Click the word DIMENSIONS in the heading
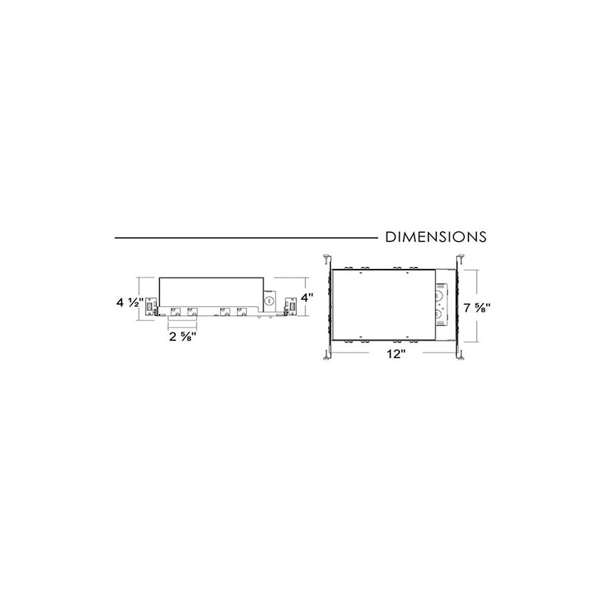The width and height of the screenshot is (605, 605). pyautogui.click(x=436, y=237)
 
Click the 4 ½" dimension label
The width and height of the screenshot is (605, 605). pyautogui.click(x=130, y=302)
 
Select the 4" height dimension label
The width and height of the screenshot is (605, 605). pyautogui.click(x=307, y=298)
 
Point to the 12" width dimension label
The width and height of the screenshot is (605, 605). pyautogui.click(x=397, y=354)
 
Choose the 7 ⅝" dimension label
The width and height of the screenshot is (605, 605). pyautogui.click(x=477, y=308)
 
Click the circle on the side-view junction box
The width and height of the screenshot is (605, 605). pyautogui.click(x=269, y=300)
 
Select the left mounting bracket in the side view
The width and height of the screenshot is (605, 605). pyautogui.click(x=151, y=307)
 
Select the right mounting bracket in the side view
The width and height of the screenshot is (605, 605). pyautogui.click(x=290, y=307)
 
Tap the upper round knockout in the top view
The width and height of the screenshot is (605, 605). pyautogui.click(x=439, y=296)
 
